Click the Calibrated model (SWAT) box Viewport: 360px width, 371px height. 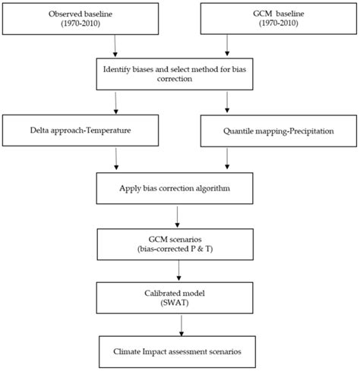coord(176,298)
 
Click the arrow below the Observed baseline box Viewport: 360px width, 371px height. coord(114,48)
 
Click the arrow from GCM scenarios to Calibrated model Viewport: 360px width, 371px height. coord(177,271)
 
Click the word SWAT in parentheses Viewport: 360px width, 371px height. coord(176,304)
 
